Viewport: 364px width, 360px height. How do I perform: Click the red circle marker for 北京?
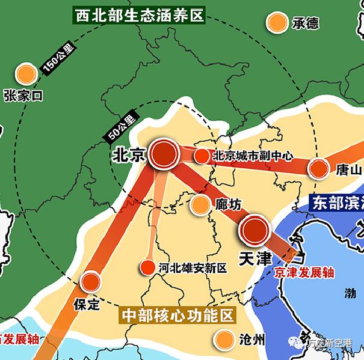point(164,154)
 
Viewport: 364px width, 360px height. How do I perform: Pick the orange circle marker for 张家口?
point(26,74)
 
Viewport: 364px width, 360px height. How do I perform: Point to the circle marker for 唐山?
point(318,169)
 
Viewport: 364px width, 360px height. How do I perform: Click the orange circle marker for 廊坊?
point(200,204)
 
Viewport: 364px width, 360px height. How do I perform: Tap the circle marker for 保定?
point(90,281)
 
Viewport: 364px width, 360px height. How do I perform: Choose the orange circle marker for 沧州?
point(225,340)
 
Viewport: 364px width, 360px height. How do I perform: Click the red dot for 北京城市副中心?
point(202,156)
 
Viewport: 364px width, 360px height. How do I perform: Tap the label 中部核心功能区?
point(177,315)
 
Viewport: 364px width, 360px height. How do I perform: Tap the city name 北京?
point(129,155)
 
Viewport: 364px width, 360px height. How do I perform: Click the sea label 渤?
point(350,294)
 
